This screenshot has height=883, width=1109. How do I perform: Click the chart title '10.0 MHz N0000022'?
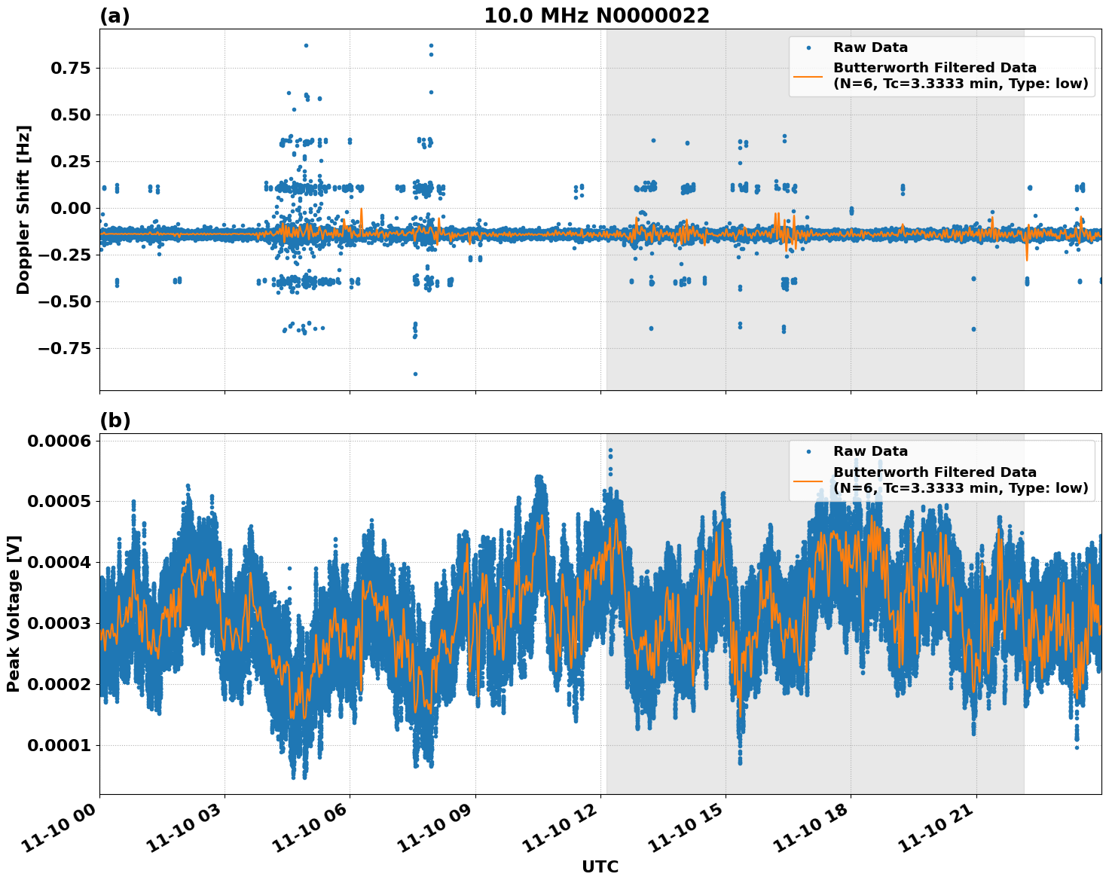[596, 16]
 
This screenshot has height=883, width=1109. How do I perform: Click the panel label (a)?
[115, 17]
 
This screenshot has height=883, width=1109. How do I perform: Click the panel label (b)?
[115, 420]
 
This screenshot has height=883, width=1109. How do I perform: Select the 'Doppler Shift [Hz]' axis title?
[23, 209]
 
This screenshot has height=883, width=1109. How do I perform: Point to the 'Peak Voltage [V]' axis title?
[14, 613]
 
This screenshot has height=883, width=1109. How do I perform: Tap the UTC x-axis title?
[600, 866]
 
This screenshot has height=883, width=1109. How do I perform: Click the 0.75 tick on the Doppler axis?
[69, 69]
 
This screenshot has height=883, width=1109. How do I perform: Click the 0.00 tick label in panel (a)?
[69, 209]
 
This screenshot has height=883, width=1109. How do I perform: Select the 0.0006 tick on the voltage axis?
[59, 441]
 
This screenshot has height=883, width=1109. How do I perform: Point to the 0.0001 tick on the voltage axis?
[59, 746]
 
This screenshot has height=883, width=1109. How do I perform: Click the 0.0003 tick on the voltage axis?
[59, 624]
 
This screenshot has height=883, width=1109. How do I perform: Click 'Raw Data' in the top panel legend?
[870, 47]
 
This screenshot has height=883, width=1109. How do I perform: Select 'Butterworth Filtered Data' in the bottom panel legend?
[934, 472]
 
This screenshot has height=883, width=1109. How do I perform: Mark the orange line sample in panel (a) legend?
[808, 75]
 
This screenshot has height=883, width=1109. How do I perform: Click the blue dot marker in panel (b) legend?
[808, 451]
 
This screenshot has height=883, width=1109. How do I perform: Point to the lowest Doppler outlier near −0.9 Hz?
[415, 374]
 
